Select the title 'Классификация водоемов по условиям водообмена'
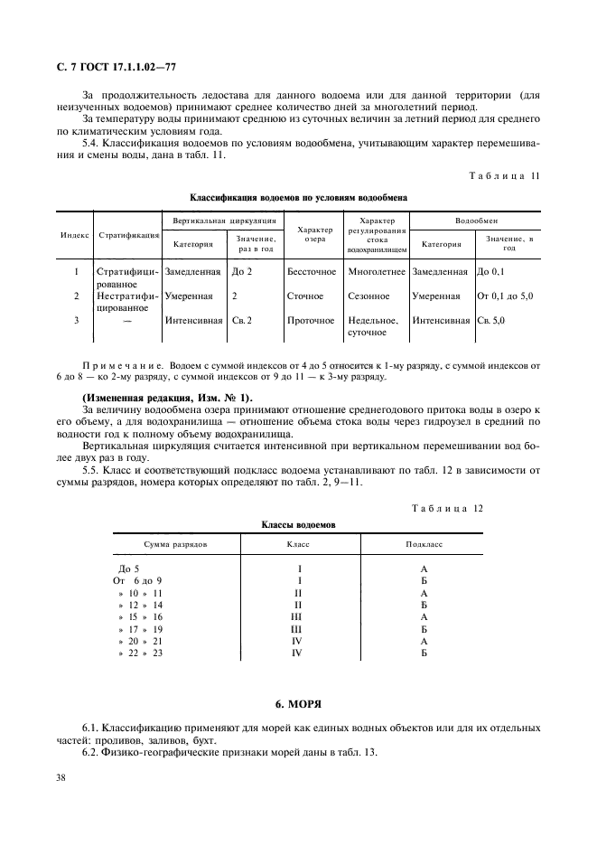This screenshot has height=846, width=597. pos(298,196)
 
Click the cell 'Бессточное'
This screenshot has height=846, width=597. pos(312,271)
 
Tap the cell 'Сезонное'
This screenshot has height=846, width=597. pos(368,296)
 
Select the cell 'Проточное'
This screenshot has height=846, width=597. pos(310,320)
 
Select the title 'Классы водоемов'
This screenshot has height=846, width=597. pos(298,524)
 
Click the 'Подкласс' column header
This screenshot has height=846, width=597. pos(423,546)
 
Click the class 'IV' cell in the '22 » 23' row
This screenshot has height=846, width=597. pos(296,653)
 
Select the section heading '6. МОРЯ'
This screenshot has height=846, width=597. pos(298,702)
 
